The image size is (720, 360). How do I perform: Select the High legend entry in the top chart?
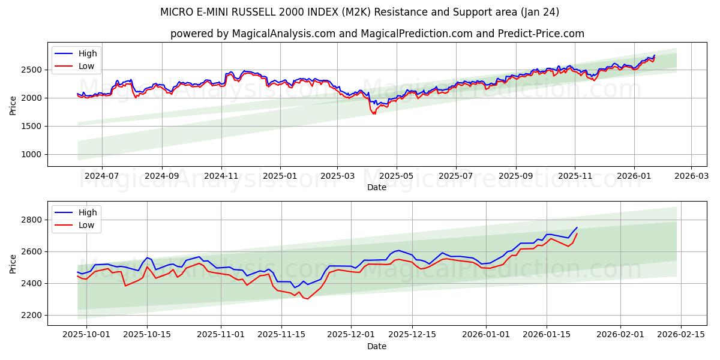tap(88, 53)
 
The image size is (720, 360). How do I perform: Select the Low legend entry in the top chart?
tap(86, 66)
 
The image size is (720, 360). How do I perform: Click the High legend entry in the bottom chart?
tap(88, 212)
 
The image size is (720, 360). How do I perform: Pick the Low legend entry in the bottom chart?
tap(86, 225)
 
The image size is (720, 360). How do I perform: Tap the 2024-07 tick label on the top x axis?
tap(101, 176)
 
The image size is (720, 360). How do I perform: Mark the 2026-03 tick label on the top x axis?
tap(691, 176)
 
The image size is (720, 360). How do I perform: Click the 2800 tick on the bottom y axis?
tap(32, 220)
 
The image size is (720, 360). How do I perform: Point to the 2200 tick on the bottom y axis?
tap(32, 315)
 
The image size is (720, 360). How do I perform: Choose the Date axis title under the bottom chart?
tap(377, 346)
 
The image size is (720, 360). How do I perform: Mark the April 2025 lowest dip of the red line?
tap(375, 113)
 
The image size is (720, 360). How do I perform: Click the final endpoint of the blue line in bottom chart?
tap(577, 227)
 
